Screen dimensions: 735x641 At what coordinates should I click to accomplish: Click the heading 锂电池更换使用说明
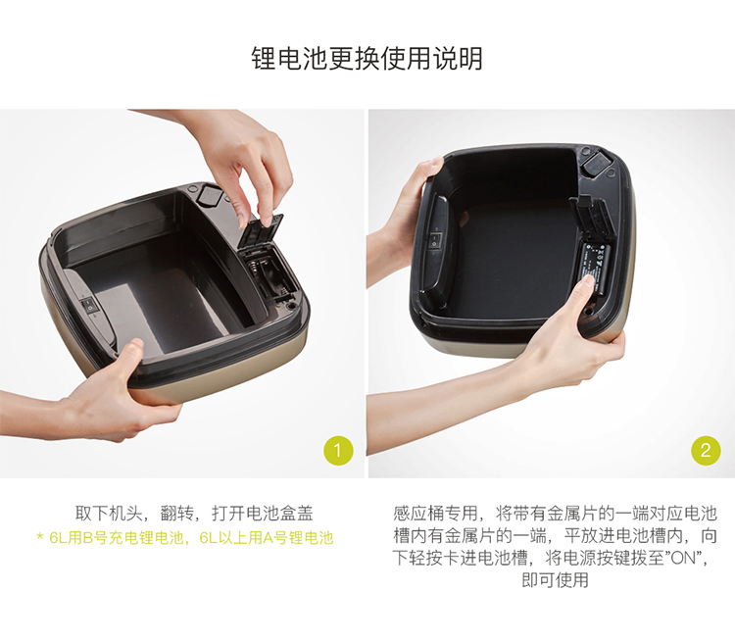tap(367, 59)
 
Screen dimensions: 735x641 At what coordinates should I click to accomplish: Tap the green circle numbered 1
tap(338, 451)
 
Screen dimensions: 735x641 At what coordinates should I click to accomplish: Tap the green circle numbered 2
tap(706, 451)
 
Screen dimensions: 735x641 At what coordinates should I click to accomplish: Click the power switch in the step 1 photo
tap(89, 306)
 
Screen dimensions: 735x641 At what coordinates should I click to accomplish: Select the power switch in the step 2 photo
tap(434, 240)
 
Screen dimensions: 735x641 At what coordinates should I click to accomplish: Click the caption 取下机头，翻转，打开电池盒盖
tap(194, 514)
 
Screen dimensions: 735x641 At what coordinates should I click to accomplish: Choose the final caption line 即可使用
tap(555, 580)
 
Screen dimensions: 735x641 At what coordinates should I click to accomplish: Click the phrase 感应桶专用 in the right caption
tap(435, 514)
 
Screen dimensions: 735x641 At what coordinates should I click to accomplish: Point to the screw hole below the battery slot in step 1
tap(292, 304)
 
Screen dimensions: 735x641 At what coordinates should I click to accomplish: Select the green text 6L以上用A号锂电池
tap(267, 537)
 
